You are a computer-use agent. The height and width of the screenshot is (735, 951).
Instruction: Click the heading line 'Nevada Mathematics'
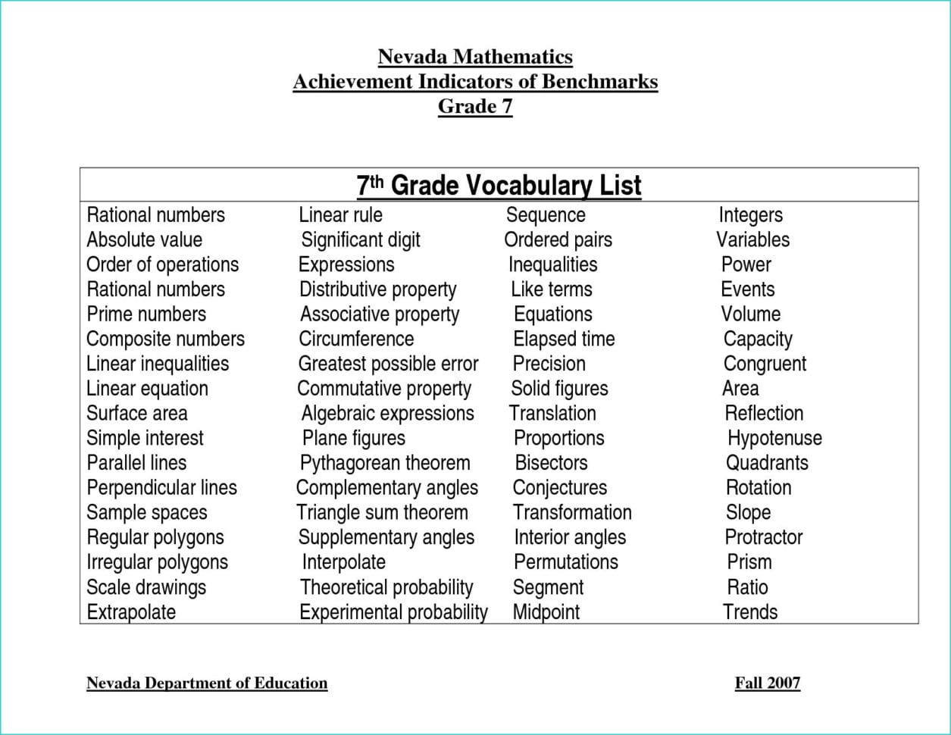pyautogui.click(x=475, y=57)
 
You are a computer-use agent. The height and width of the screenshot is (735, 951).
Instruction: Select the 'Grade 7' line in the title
pyautogui.click(x=475, y=106)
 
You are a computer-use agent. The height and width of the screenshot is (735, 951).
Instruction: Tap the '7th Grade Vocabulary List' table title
pyautogui.click(x=499, y=186)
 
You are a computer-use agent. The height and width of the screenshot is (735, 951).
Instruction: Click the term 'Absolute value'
pyautogui.click(x=144, y=240)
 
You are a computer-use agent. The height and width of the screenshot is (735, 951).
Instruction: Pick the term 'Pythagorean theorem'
pyautogui.click(x=385, y=463)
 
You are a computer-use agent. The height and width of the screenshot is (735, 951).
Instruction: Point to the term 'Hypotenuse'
pyautogui.click(x=774, y=438)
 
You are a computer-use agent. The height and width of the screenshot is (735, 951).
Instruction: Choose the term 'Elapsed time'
pyautogui.click(x=564, y=339)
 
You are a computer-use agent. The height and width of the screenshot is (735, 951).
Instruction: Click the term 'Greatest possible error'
pyautogui.click(x=388, y=364)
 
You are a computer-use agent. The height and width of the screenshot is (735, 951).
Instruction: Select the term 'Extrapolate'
pyautogui.click(x=131, y=611)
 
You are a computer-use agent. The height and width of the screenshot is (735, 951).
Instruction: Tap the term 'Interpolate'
pyautogui.click(x=343, y=562)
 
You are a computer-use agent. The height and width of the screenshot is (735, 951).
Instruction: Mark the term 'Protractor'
pyautogui.click(x=763, y=537)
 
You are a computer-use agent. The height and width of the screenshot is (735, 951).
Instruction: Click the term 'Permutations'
pyautogui.click(x=565, y=562)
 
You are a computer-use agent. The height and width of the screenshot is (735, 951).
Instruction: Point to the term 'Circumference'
pyautogui.click(x=356, y=339)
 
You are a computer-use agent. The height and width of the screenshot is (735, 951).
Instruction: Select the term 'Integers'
pyautogui.click(x=750, y=215)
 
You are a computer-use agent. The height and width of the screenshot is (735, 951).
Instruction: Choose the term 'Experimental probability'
pyautogui.click(x=393, y=611)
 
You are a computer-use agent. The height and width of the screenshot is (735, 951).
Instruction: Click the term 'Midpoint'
pyautogui.click(x=546, y=611)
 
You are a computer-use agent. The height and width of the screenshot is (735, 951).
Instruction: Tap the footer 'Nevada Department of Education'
pyautogui.click(x=207, y=683)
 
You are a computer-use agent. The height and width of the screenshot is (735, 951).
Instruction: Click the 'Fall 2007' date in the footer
pyautogui.click(x=767, y=683)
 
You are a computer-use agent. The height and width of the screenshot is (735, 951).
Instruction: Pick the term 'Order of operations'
pyautogui.click(x=162, y=264)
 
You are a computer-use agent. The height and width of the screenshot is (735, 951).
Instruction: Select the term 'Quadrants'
pyautogui.click(x=767, y=463)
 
